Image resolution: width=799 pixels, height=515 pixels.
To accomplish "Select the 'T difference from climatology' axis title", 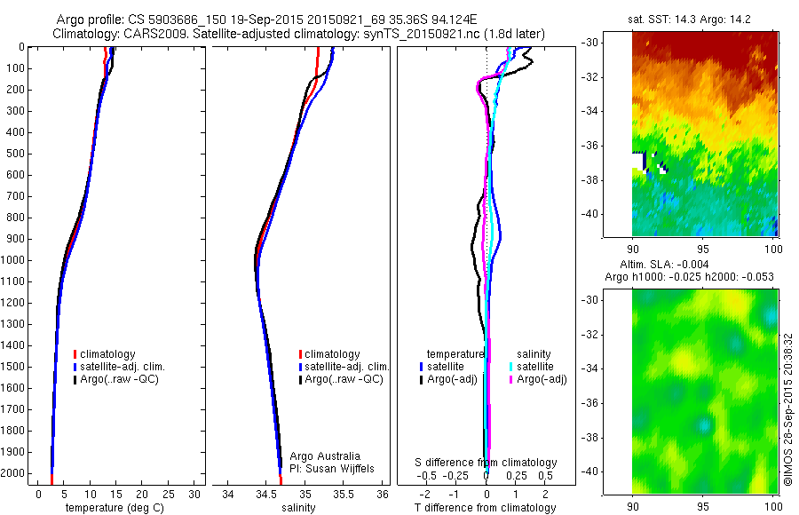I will coord(487,508).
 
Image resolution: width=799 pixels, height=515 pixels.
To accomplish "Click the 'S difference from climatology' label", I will coord(487,463).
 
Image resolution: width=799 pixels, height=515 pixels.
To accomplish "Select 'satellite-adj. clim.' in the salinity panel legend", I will coord(347,367).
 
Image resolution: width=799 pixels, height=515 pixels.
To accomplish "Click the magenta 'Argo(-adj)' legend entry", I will coord(542,379).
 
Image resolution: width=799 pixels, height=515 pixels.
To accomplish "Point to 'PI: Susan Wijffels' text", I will coord(333,468).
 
